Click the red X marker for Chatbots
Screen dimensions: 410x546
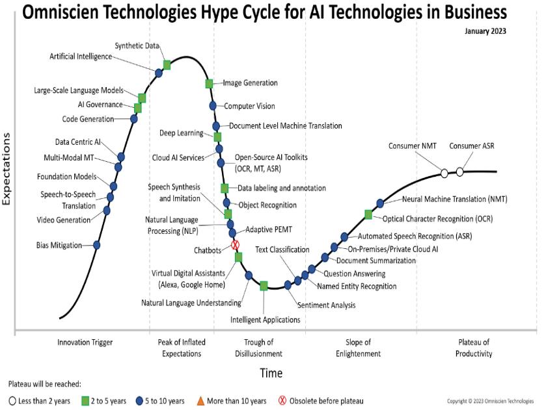[x=236, y=245]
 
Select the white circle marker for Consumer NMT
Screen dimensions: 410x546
[x=444, y=173]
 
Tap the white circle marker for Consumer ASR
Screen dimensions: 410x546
[x=460, y=172]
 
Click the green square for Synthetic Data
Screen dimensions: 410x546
[x=167, y=64]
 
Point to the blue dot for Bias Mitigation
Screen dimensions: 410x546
[x=97, y=245]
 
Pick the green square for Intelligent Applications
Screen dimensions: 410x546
[x=264, y=285]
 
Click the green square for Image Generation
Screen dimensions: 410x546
[x=210, y=84]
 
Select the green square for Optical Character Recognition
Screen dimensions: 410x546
[x=368, y=214]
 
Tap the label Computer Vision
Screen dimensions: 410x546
[x=249, y=106]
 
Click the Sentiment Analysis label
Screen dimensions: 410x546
[x=326, y=305]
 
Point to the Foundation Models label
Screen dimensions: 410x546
[x=67, y=176]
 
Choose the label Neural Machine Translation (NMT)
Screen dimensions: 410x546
[x=454, y=199]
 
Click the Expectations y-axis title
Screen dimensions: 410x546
[x=7, y=169]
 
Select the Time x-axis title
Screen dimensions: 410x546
[x=271, y=373]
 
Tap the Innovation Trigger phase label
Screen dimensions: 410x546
[x=85, y=342]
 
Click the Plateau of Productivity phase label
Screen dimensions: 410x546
[x=474, y=348]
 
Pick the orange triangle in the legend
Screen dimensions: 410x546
[x=200, y=401]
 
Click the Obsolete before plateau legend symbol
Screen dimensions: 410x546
[x=282, y=401]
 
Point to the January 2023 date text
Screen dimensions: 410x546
[x=485, y=31]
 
